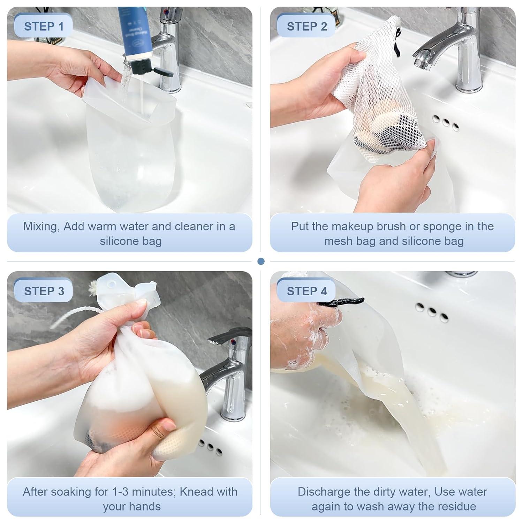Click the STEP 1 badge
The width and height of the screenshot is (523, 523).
point(44,26)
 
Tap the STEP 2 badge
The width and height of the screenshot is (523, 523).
point(306,26)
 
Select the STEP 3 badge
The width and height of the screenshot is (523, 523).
point(44,291)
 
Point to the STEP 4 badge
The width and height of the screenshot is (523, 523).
point(306,291)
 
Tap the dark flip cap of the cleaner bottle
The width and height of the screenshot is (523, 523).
point(163,72)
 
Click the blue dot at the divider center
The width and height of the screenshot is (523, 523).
point(261,261)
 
